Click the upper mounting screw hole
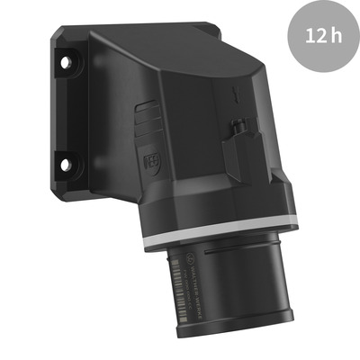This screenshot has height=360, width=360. tap(64, 63)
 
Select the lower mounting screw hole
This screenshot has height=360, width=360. tap(64, 164)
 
